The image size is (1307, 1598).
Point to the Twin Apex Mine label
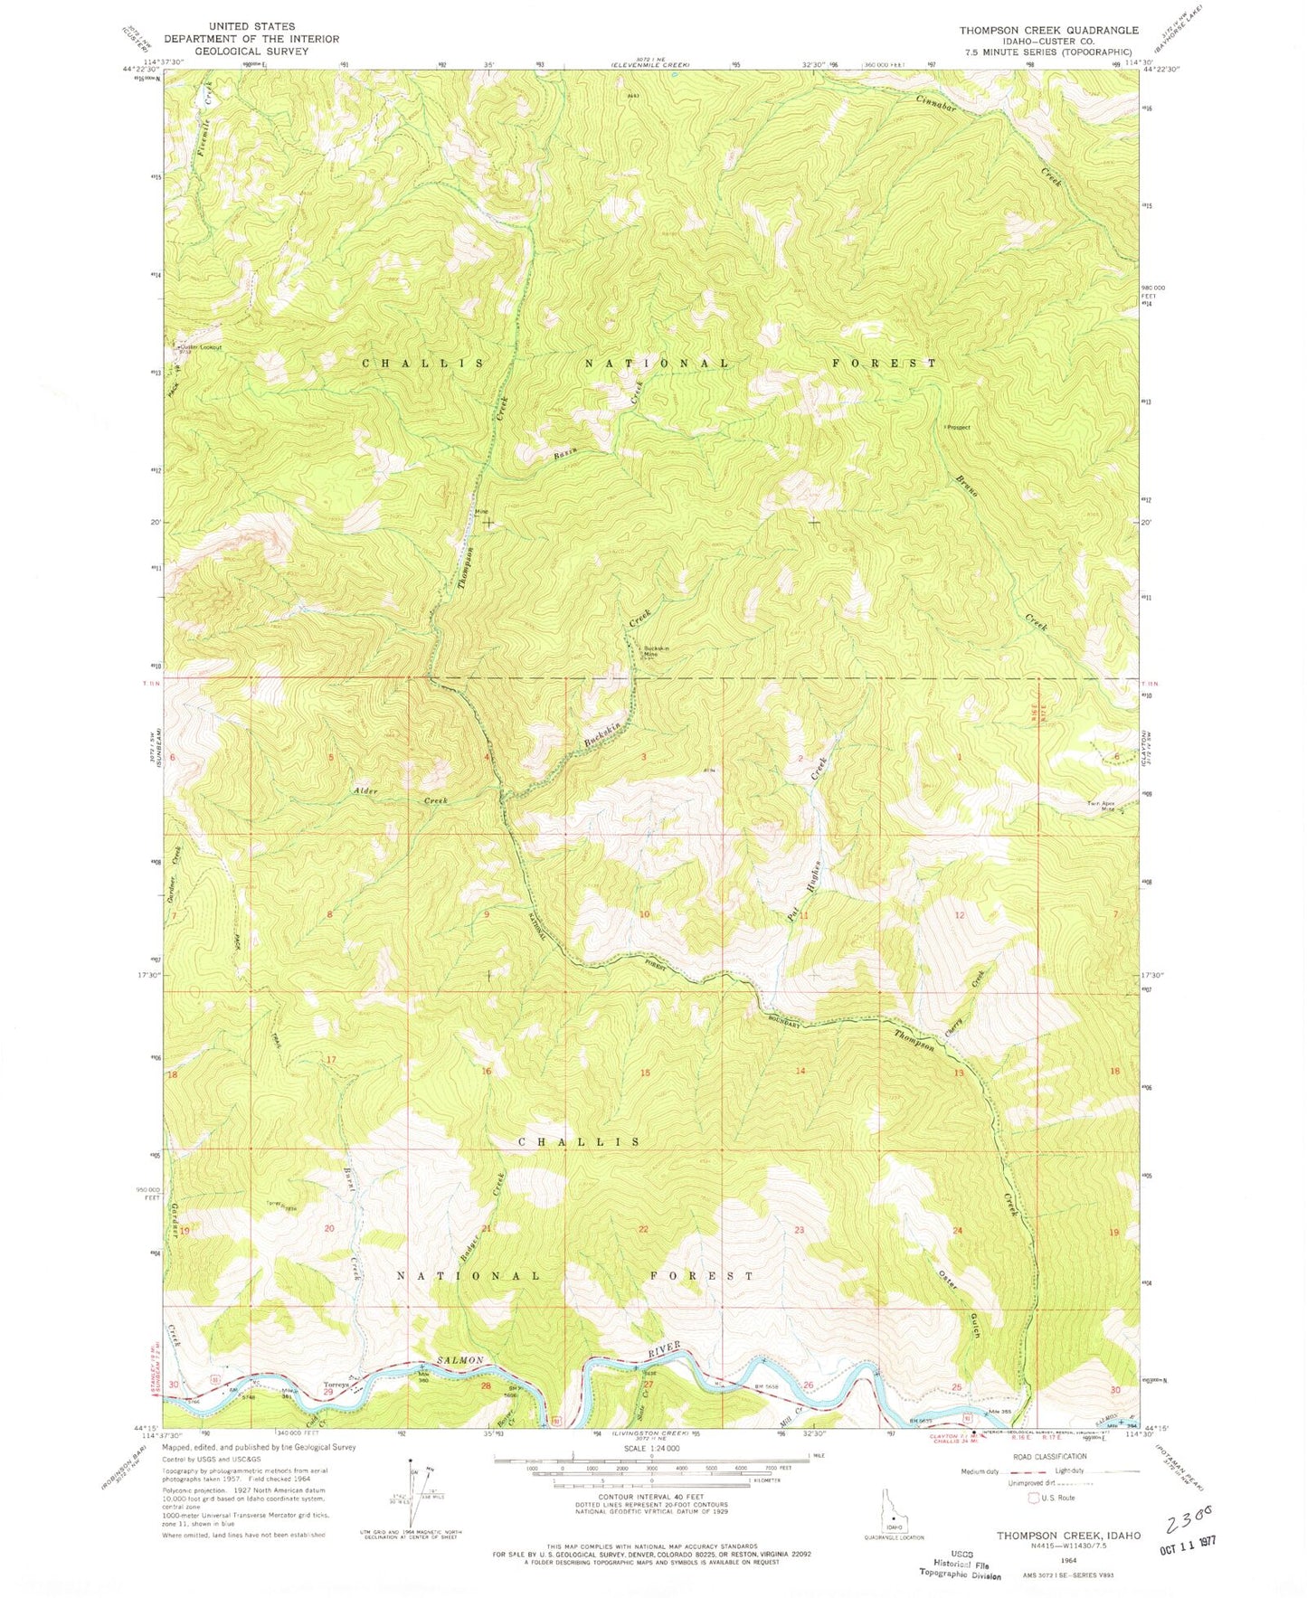click(x=1105, y=807)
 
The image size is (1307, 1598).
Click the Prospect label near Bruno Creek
click(x=959, y=427)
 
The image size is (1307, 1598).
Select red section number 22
click(x=643, y=1229)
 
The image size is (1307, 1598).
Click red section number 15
click(x=644, y=1073)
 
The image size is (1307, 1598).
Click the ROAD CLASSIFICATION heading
click(x=1050, y=1457)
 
